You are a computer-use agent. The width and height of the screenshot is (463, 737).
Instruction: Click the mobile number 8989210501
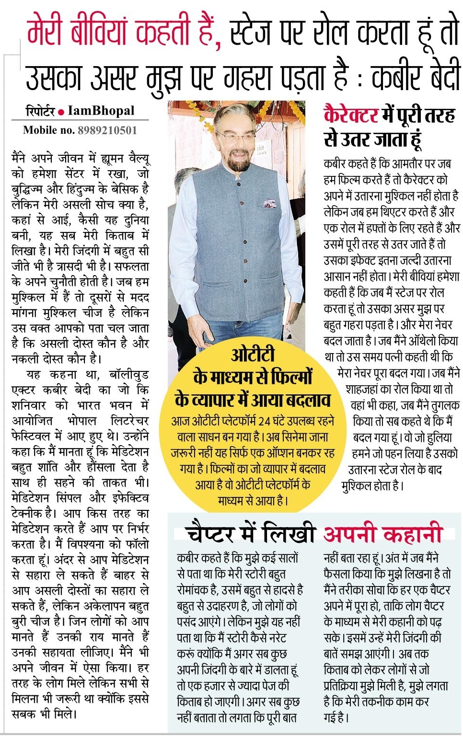coord(107,130)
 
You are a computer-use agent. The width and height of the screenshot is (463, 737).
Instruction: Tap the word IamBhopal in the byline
coord(101,111)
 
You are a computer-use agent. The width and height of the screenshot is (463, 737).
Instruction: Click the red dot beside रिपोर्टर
coord(61,113)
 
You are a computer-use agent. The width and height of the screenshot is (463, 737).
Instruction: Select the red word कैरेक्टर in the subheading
coord(351,116)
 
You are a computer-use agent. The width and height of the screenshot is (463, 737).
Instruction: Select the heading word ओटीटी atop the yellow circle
coord(253,356)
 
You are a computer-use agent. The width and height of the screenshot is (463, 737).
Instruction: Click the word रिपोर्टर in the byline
coord(40,112)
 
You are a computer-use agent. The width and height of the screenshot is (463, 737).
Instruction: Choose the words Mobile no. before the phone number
coord(49,130)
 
